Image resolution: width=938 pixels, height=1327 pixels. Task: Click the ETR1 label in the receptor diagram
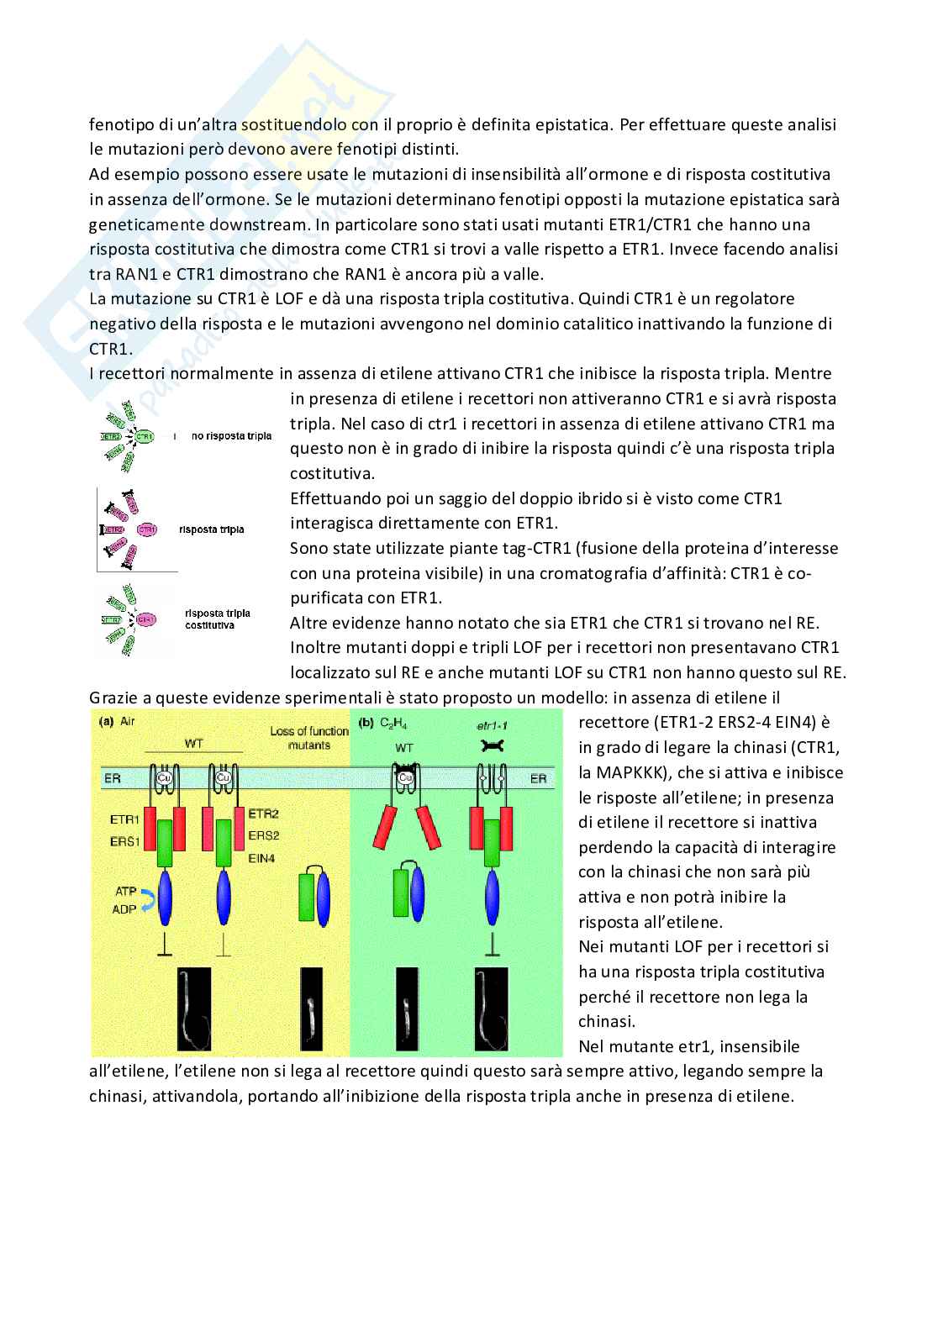(x=124, y=819)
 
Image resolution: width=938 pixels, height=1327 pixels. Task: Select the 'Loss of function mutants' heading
(x=308, y=738)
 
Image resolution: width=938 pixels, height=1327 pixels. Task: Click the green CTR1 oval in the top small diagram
(x=145, y=437)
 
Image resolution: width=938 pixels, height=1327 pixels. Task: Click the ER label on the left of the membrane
(x=112, y=779)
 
